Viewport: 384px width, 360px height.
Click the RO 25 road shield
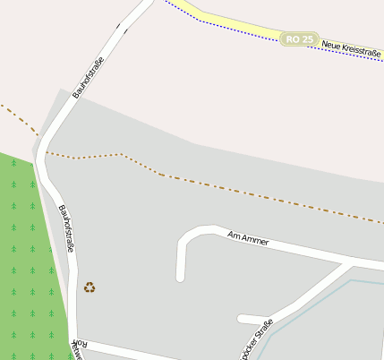coord(299,39)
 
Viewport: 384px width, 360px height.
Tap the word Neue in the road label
coord(332,46)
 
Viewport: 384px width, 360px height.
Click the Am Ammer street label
coord(248,238)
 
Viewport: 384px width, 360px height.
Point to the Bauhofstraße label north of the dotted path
coord(89,77)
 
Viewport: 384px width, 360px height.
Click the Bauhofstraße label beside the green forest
coord(65,228)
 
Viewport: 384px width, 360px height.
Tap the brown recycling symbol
coord(90,287)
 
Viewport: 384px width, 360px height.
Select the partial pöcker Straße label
coord(255,340)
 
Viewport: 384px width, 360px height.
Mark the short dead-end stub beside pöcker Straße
coord(251,319)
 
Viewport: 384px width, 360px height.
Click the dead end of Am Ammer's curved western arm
coord(181,277)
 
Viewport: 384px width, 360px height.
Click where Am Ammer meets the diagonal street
coord(348,264)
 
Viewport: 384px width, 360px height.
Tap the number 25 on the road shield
coord(307,39)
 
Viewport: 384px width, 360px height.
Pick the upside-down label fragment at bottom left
coord(78,348)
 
